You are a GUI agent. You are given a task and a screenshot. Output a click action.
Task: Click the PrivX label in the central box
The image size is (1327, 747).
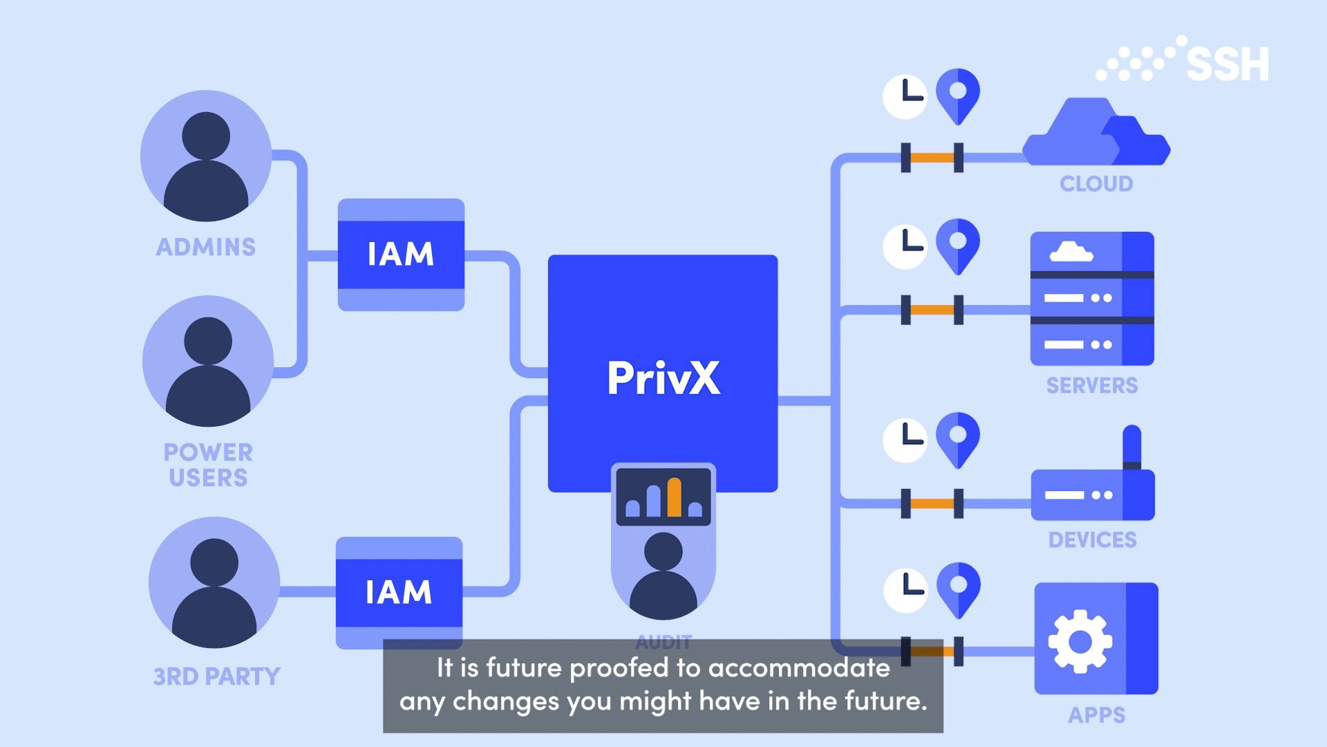pos(663,378)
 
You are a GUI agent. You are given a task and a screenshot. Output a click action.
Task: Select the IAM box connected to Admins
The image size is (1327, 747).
pos(401,255)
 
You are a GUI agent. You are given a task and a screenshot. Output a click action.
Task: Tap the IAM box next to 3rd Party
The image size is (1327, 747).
pos(399,593)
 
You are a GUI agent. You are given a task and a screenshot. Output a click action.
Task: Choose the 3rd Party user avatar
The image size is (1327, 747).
pos(214,583)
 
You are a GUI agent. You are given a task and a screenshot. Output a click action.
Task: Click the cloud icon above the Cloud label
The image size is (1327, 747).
pos(1095,134)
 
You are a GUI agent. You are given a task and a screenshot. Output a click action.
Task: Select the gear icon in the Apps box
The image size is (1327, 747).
pos(1080,641)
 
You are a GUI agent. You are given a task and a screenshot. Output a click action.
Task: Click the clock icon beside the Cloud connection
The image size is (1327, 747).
pos(905,96)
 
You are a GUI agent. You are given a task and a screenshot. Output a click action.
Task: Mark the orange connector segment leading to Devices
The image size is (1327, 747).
pos(932,504)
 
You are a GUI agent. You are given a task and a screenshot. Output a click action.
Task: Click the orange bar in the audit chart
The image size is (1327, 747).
pos(675,497)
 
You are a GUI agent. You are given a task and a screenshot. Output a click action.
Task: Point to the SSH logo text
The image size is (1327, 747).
pos(1227,64)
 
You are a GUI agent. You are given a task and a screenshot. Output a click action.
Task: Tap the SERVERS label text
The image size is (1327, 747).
pos(1091,386)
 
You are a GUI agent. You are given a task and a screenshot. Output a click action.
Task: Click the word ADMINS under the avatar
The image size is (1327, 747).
pos(206,247)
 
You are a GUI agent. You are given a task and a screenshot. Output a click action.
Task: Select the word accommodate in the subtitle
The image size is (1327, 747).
pos(799,668)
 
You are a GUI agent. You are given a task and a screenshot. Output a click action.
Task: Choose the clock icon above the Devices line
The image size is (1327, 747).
pos(905,440)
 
